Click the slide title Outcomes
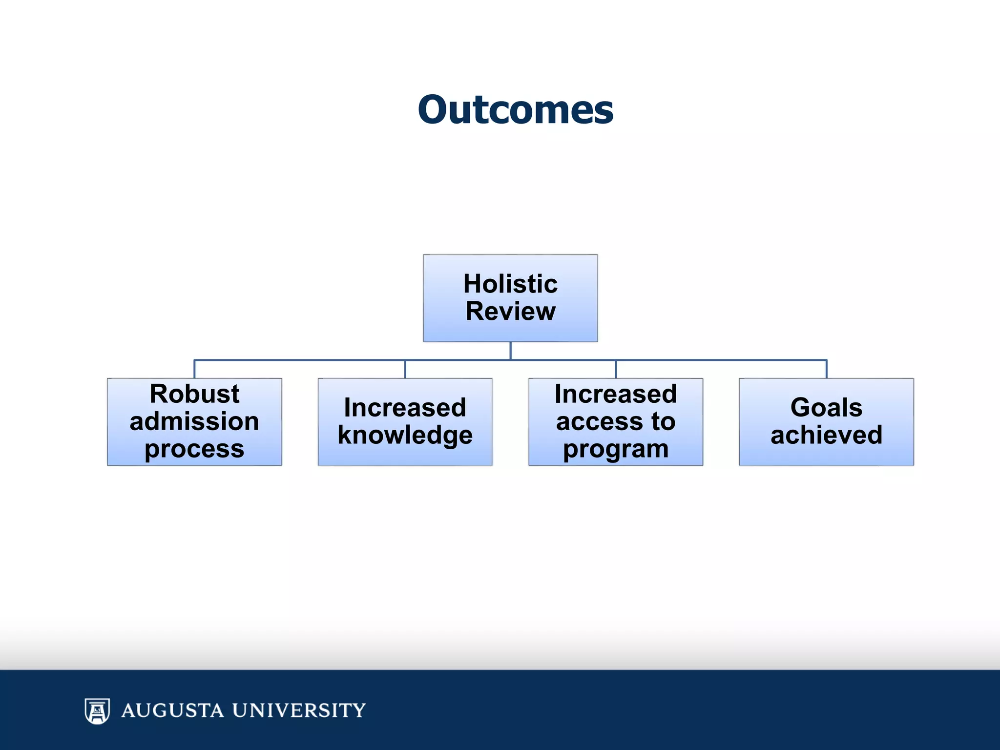[515, 110]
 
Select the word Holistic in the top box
[510, 284]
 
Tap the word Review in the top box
[510, 312]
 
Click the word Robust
[194, 394]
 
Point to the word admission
[194, 421]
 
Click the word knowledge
[405, 435]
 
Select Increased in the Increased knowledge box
[405, 407]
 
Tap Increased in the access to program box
[616, 394]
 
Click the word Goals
[826, 407]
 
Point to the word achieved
[826, 435]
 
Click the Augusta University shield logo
[97, 710]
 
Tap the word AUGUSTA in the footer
[172, 710]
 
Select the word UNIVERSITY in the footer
[299, 710]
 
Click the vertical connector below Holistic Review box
[510, 350]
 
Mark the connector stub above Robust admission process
[194, 369]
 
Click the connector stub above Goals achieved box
[826, 369]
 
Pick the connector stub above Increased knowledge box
[405, 369]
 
